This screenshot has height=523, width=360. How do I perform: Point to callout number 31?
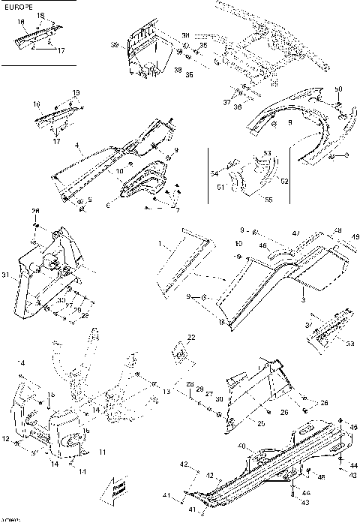[x=5, y=276]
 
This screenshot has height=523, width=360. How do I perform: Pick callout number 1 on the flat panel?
[x=160, y=243]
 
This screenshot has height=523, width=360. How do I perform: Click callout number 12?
[x=5, y=437]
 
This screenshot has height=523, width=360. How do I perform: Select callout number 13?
[x=167, y=392]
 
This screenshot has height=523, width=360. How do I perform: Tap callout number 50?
[x=339, y=89]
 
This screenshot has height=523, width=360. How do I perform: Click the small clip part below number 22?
[x=180, y=352]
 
